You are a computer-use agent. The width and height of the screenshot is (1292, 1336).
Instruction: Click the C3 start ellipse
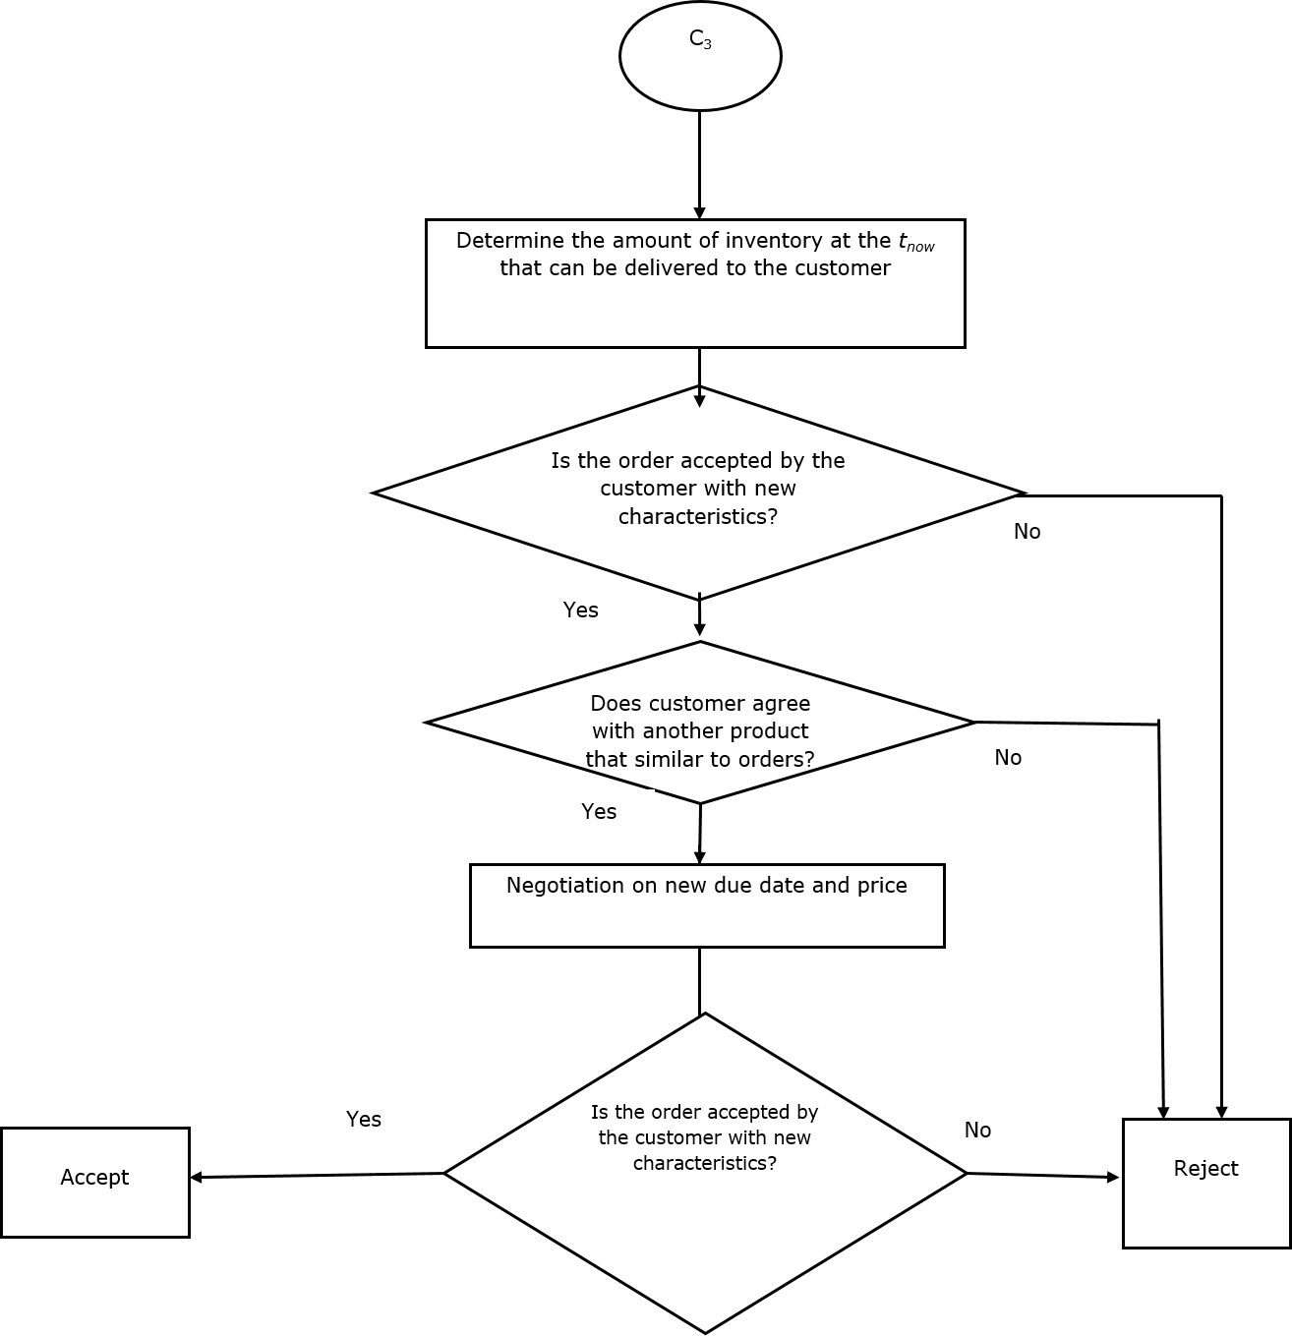point(700,56)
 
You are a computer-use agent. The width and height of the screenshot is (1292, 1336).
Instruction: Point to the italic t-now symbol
point(915,242)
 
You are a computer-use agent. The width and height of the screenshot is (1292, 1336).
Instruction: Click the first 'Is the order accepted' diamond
point(698,492)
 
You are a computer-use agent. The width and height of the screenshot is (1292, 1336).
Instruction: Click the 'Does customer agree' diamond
point(700,724)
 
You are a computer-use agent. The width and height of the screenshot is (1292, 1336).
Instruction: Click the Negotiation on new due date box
point(707,905)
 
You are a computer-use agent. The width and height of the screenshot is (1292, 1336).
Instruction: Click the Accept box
point(94,1182)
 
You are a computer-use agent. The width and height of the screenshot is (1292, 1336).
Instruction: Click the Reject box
point(1206,1183)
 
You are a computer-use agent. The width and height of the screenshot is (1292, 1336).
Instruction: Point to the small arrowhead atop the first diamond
point(699,400)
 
